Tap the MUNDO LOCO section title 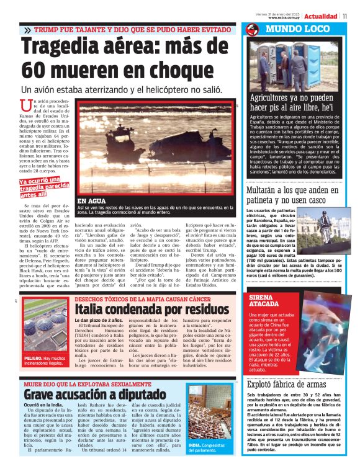tap(290, 29)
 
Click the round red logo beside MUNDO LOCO tap(252, 30)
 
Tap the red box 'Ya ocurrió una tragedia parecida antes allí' tap(43, 187)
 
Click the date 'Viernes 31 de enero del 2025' tap(280, 12)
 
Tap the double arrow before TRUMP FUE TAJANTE tap(27, 30)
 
